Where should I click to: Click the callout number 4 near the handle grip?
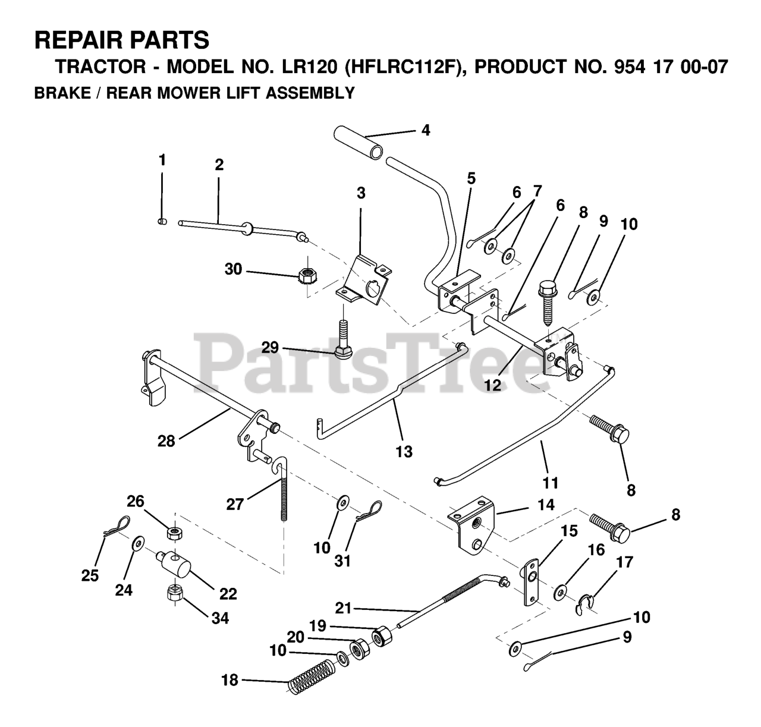(x=425, y=130)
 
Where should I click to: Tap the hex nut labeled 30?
(x=307, y=275)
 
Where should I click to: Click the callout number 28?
(x=166, y=441)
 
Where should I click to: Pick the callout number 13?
(x=404, y=451)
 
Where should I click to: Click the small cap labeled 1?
(x=161, y=222)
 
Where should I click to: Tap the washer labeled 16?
(x=560, y=593)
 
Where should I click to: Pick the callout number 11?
(x=551, y=482)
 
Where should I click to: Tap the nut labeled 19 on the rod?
(x=381, y=636)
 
